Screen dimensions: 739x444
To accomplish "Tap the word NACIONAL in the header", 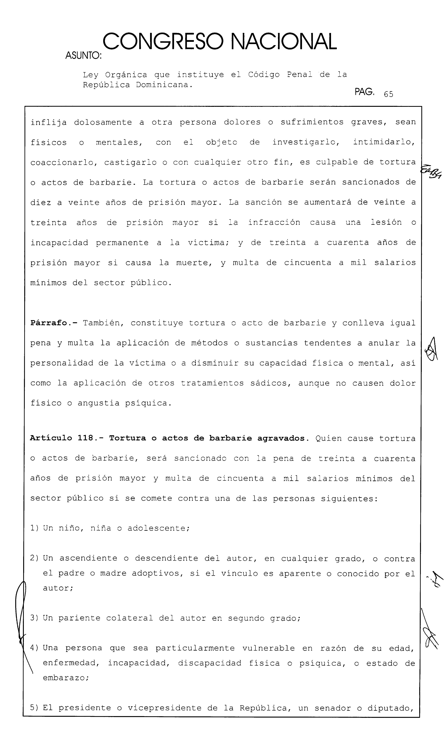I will [284, 42].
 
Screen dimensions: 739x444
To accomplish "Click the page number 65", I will [388, 94].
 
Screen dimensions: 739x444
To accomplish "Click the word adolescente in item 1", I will [159, 528].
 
